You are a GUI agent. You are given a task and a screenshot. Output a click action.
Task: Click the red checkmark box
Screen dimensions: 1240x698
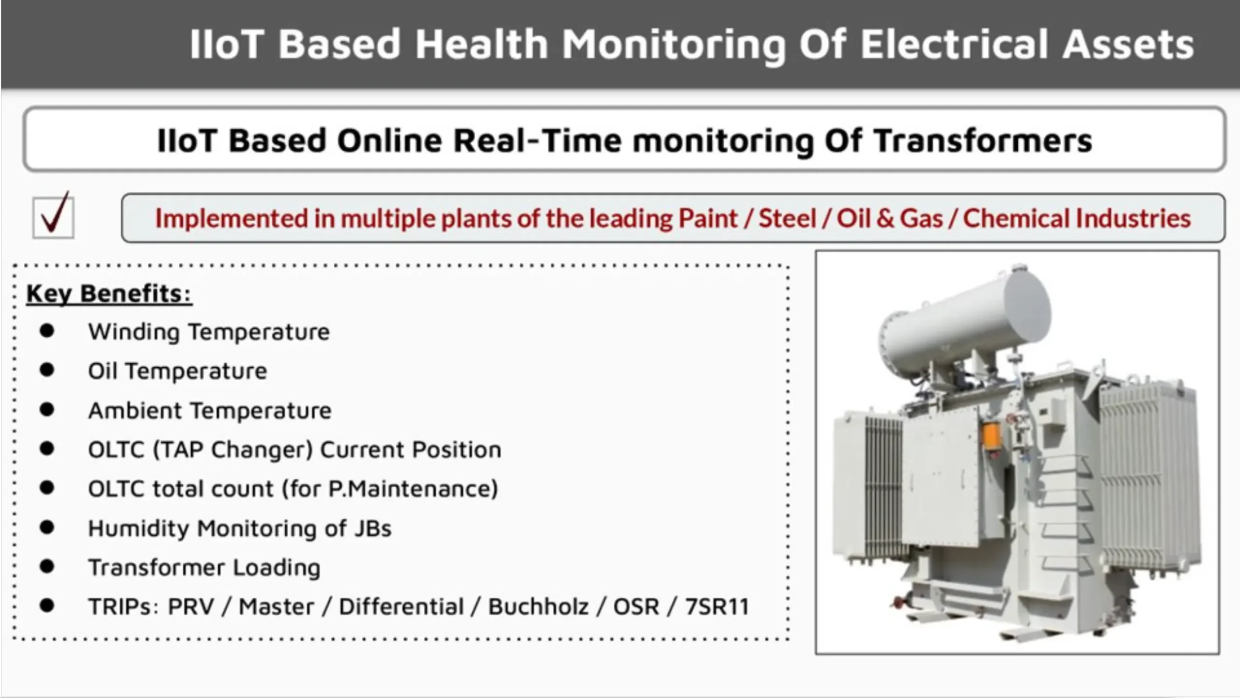[53, 216]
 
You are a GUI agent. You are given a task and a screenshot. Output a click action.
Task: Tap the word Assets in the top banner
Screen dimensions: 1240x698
[1128, 44]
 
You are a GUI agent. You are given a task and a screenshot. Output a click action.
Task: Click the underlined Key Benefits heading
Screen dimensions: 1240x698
[109, 294]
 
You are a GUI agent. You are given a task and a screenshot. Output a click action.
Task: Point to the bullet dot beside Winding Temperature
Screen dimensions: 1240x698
[47, 331]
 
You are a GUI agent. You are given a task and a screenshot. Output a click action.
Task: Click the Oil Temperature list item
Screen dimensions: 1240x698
[177, 371]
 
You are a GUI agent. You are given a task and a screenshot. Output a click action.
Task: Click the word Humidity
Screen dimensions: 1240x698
[139, 528]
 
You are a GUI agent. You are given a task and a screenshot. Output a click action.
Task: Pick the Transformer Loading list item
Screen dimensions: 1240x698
[204, 568]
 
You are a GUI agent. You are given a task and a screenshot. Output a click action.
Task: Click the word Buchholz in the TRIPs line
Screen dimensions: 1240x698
[538, 606]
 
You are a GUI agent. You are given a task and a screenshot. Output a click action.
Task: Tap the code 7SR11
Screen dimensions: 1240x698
[717, 606]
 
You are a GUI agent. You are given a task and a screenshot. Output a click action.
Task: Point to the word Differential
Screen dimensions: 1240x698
[401, 606]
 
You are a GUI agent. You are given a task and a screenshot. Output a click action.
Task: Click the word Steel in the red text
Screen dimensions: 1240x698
[787, 218]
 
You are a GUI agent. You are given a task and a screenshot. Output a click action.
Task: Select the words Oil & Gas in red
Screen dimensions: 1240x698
[890, 218]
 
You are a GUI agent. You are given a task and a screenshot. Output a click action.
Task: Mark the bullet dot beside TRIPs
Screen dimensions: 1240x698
[47, 605]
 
